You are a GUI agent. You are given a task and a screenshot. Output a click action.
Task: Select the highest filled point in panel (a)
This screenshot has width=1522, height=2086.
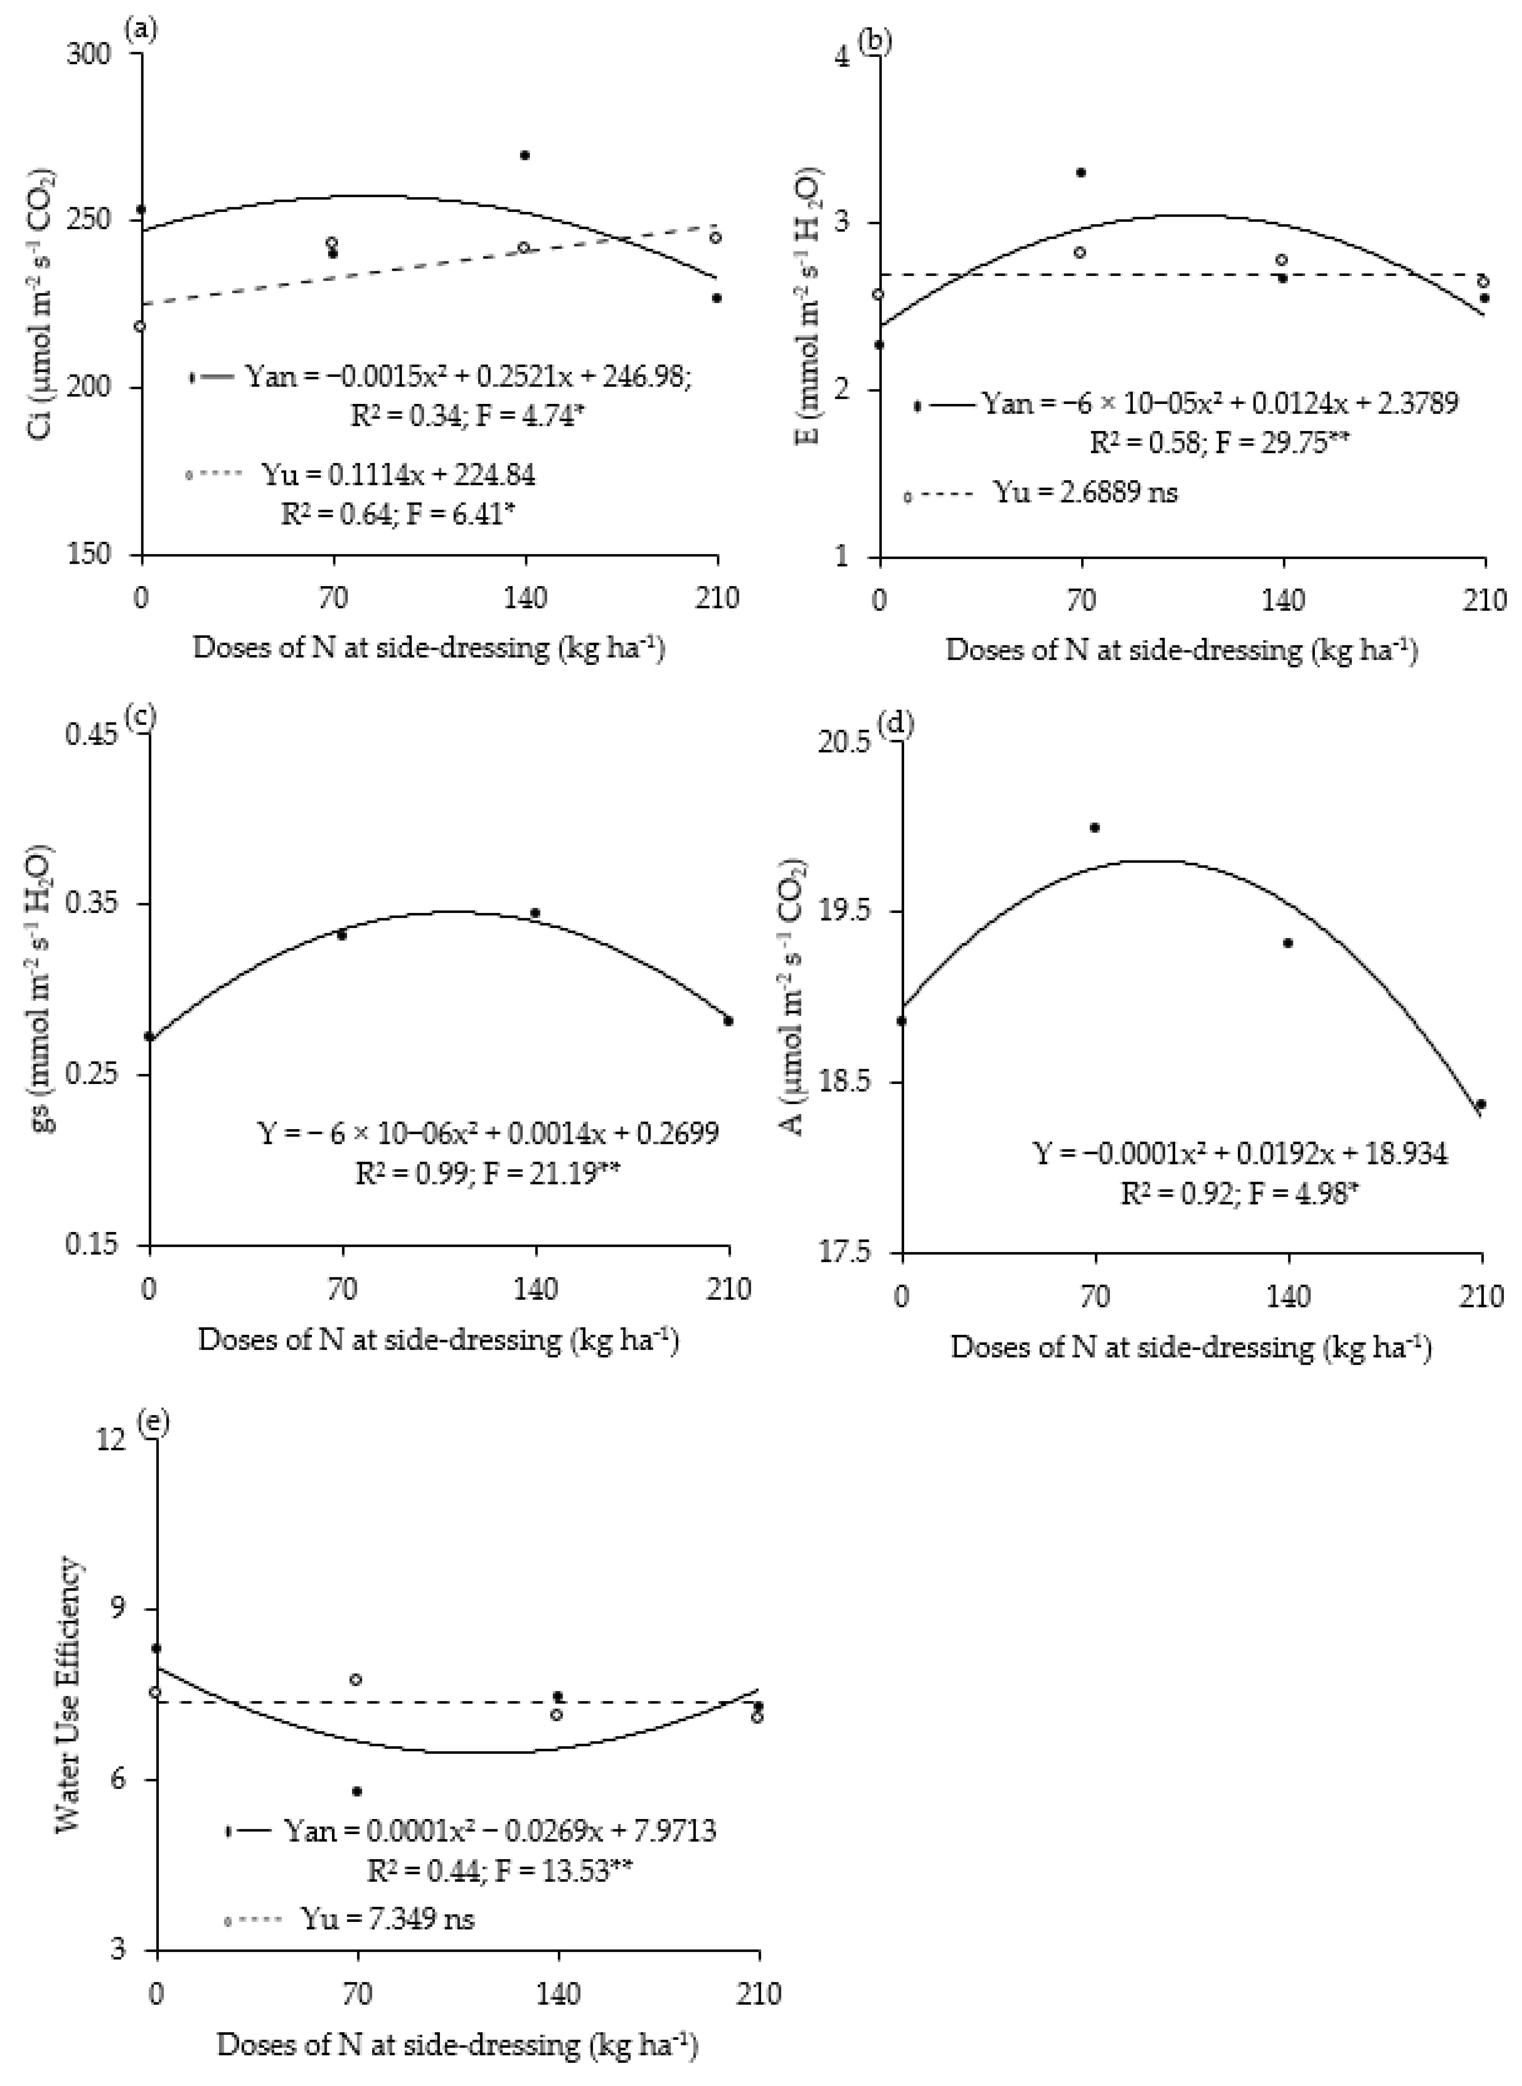click(x=525, y=155)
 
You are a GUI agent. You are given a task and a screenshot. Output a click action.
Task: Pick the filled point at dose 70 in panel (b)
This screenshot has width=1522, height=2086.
click(x=1081, y=172)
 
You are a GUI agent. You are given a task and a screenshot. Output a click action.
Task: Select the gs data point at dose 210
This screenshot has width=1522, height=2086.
click(x=728, y=1020)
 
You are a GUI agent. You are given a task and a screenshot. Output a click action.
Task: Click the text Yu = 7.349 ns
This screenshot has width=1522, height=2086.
click(x=387, y=1918)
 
